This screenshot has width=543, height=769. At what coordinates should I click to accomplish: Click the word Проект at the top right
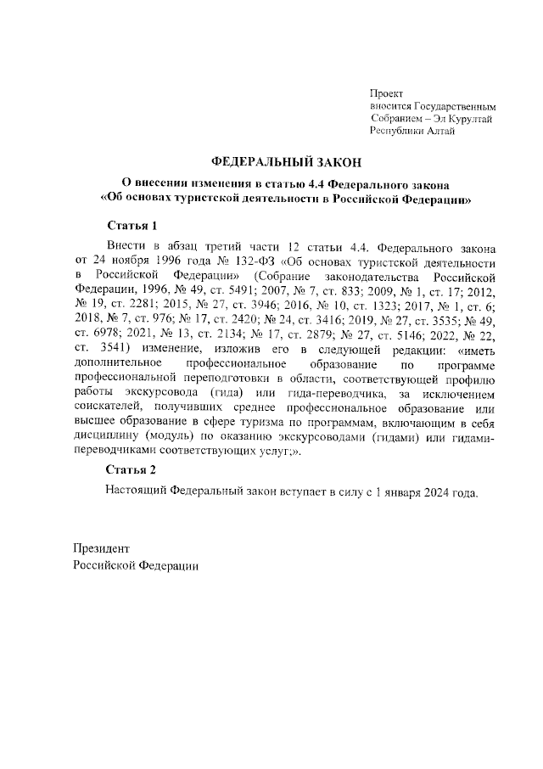(x=387, y=92)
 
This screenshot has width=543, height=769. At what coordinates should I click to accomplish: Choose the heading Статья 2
(x=132, y=470)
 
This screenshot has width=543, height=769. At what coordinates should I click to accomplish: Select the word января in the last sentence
(x=396, y=492)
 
